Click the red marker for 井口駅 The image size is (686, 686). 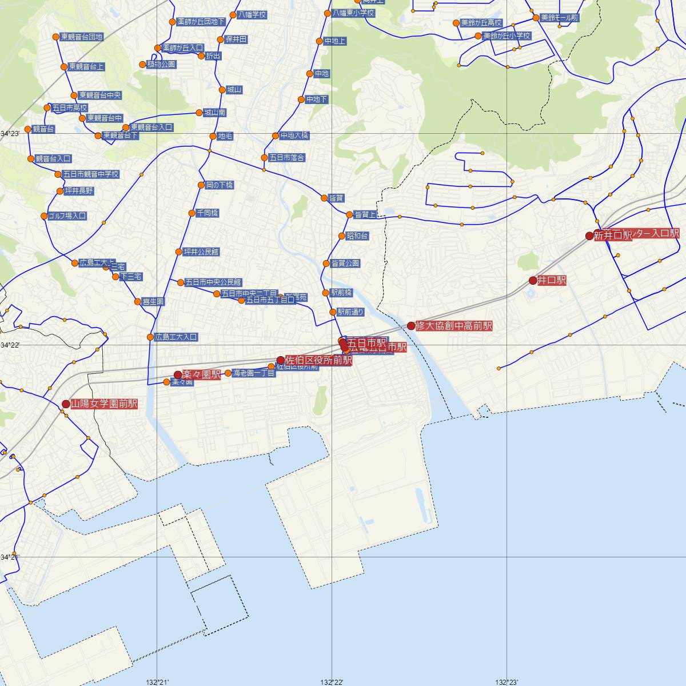coord(533,280)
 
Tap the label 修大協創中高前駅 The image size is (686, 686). coord(454,326)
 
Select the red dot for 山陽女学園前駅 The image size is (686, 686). coord(66,404)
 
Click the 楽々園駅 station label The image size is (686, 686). coord(201,375)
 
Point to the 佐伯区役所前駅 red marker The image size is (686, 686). coord(280,360)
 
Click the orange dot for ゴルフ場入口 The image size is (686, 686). coord(44,216)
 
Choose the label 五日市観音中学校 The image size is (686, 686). coord(91,174)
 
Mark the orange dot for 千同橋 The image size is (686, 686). coord(192,213)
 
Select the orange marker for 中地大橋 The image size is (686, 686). coord(275,136)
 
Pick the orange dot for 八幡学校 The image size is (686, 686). coord(233,15)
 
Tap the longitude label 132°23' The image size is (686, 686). coord(506,682)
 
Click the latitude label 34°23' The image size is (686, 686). coord(10,133)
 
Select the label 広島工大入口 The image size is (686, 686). coord(176,337)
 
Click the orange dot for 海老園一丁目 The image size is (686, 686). coord(228,373)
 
